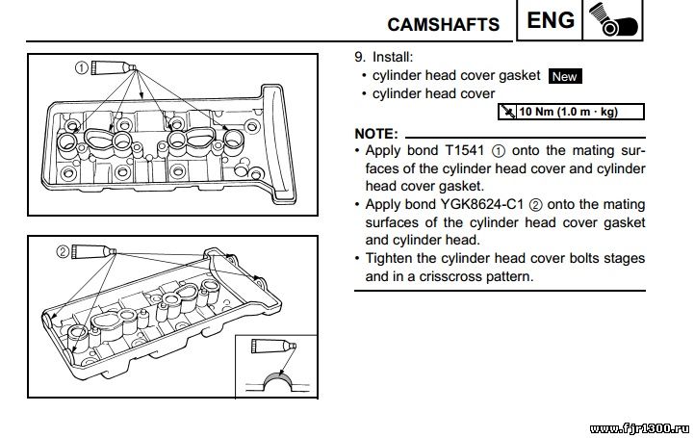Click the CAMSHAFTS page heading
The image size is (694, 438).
coord(443,23)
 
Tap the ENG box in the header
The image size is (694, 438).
coord(552,20)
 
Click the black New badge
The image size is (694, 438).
coord(565,76)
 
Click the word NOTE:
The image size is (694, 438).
coord(375,132)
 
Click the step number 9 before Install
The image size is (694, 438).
coord(360,57)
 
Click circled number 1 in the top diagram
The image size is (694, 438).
coord(83,67)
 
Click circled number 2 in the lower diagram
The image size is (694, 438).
coord(63,251)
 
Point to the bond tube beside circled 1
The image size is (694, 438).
coord(114,66)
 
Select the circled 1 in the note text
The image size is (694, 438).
coord(498,151)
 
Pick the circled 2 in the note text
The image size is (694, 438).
coord(537,204)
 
